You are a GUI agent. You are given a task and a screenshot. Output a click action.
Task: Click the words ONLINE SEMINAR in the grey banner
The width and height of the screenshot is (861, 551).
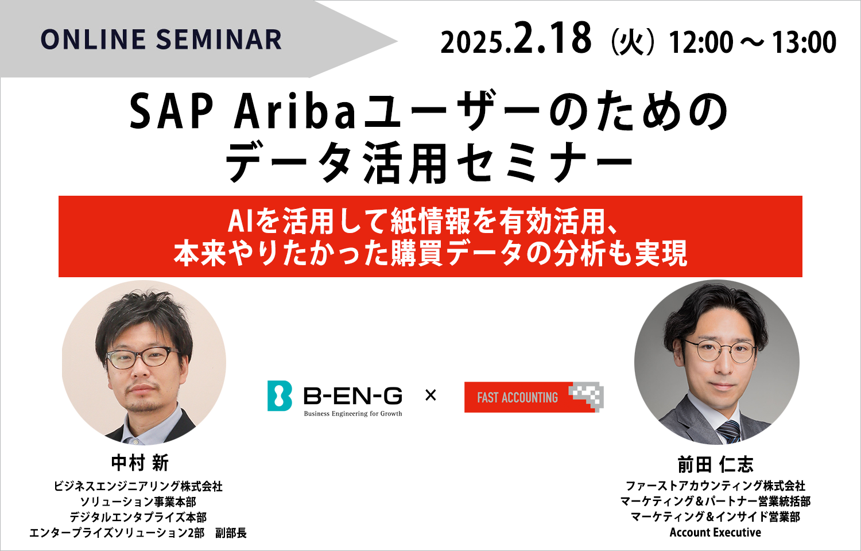(x=161, y=40)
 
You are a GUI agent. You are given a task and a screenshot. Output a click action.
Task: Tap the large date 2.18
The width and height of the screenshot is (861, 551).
(x=552, y=38)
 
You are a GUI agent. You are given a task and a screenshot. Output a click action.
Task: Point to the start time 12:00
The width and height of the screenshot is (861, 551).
(x=701, y=42)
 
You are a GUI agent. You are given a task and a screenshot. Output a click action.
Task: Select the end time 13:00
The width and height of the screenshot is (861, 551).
(x=804, y=42)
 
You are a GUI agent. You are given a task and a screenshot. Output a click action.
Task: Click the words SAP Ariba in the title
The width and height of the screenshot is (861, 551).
(x=243, y=112)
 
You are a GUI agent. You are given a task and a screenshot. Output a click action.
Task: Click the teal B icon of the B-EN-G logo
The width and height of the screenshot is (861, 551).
(x=280, y=396)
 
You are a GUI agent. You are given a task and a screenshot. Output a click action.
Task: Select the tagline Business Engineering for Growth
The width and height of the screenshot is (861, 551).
(x=353, y=414)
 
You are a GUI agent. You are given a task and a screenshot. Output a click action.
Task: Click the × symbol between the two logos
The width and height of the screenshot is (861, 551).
(x=430, y=395)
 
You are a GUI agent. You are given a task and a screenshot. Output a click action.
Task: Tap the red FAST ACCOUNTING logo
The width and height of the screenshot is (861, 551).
(x=534, y=397)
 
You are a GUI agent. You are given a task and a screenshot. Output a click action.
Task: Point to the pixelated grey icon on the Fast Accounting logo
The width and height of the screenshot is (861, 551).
(x=587, y=396)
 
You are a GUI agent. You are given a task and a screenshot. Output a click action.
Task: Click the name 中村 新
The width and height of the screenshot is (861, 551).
(x=140, y=463)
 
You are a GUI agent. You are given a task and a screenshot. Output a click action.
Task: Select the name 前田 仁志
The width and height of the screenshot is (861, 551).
(x=715, y=464)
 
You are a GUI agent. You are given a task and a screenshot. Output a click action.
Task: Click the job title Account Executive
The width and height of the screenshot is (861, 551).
(x=715, y=533)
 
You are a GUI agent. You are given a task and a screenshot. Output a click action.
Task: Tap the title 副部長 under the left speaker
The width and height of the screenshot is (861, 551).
(x=231, y=533)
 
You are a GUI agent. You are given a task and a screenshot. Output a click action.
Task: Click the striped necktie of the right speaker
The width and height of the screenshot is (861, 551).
(x=729, y=431)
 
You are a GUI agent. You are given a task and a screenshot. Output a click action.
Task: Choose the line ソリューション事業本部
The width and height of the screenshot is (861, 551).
(x=138, y=502)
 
